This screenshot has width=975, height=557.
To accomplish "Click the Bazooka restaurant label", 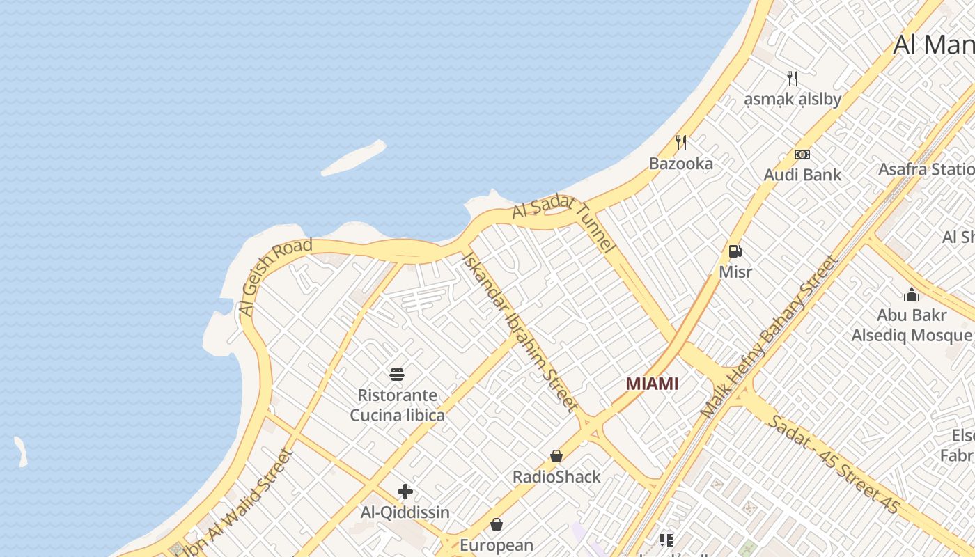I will [680, 164].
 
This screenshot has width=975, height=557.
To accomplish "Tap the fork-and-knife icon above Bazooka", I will [681, 143].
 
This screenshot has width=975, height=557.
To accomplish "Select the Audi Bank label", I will [802, 175].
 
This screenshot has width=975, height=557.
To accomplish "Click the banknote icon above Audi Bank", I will [802, 155].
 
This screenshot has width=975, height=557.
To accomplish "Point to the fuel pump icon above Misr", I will [735, 251].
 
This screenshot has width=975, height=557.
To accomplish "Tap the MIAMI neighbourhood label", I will [652, 384].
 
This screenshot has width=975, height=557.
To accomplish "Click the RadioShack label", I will [556, 477].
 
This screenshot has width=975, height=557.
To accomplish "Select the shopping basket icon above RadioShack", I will [556, 456].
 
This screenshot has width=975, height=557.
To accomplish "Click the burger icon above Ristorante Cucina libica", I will [397, 375].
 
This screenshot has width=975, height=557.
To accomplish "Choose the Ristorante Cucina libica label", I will [397, 405].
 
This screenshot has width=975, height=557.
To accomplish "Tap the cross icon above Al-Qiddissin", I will [405, 492].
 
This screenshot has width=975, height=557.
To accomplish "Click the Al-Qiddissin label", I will [405, 512].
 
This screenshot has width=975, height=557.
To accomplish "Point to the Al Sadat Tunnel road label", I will [564, 223].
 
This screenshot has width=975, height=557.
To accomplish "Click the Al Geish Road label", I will [274, 277].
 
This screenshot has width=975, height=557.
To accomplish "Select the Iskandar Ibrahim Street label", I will [520, 331].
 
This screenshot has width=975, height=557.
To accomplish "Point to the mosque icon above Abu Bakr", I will [912, 295].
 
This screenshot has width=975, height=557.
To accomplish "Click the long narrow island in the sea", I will [354, 159].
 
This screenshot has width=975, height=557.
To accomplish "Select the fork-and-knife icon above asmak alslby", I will [792, 78].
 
